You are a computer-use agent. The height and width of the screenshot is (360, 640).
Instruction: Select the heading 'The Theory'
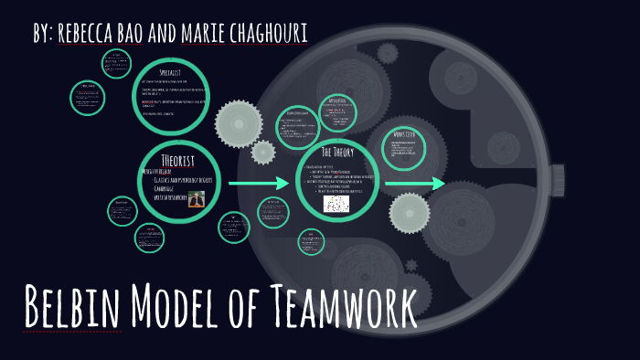pos(337,152)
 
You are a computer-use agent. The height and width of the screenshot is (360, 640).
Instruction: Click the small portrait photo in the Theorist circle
pos(196,198)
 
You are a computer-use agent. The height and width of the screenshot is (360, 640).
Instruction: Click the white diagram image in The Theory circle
pos(336,203)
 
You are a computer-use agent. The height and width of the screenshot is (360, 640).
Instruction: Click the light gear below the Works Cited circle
pos(409,212)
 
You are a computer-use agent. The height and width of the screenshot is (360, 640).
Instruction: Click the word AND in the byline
pos(171,32)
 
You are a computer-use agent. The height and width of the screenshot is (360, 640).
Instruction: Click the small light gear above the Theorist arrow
pos(262,153)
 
